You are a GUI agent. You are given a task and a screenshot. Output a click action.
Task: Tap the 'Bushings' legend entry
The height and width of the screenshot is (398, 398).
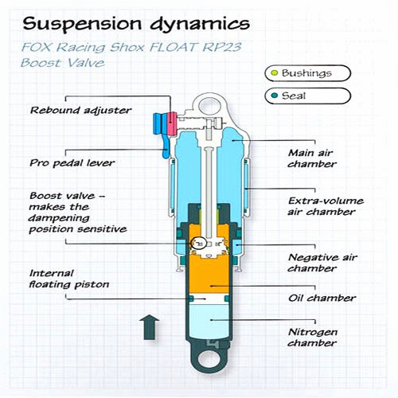tap(306, 73)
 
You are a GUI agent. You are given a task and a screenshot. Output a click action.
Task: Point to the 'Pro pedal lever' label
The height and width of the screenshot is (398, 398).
tap(72, 162)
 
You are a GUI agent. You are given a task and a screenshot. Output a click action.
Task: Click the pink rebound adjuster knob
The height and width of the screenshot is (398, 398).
tap(171, 123)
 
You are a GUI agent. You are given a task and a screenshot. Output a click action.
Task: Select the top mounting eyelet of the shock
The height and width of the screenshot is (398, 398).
tap(209, 103)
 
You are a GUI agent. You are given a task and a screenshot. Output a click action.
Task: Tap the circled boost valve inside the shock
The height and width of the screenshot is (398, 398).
tap(201, 243)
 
